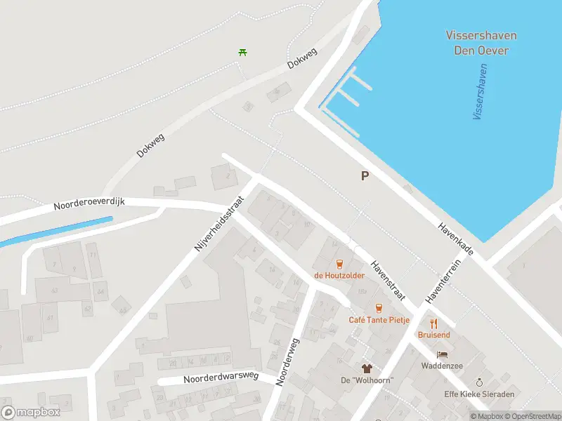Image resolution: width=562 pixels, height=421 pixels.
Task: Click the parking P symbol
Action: pos(365,176)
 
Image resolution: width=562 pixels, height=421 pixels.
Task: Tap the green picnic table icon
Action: pos(243,51)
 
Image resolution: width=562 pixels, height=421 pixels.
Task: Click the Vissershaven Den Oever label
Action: pos(481,43)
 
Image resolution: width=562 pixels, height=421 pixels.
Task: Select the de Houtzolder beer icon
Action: pos(339,264)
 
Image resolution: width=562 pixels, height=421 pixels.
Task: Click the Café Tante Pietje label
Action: pos(379,320)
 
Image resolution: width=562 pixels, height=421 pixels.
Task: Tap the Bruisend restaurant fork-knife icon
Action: pos(433,323)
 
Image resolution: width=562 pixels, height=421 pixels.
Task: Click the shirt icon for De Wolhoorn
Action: pos(366,368)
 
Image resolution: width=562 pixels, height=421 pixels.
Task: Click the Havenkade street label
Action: pos(455,239)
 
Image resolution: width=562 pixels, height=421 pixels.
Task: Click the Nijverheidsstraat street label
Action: pos(218,224)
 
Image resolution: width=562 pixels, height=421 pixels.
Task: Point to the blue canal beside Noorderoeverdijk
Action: pos(56,232)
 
